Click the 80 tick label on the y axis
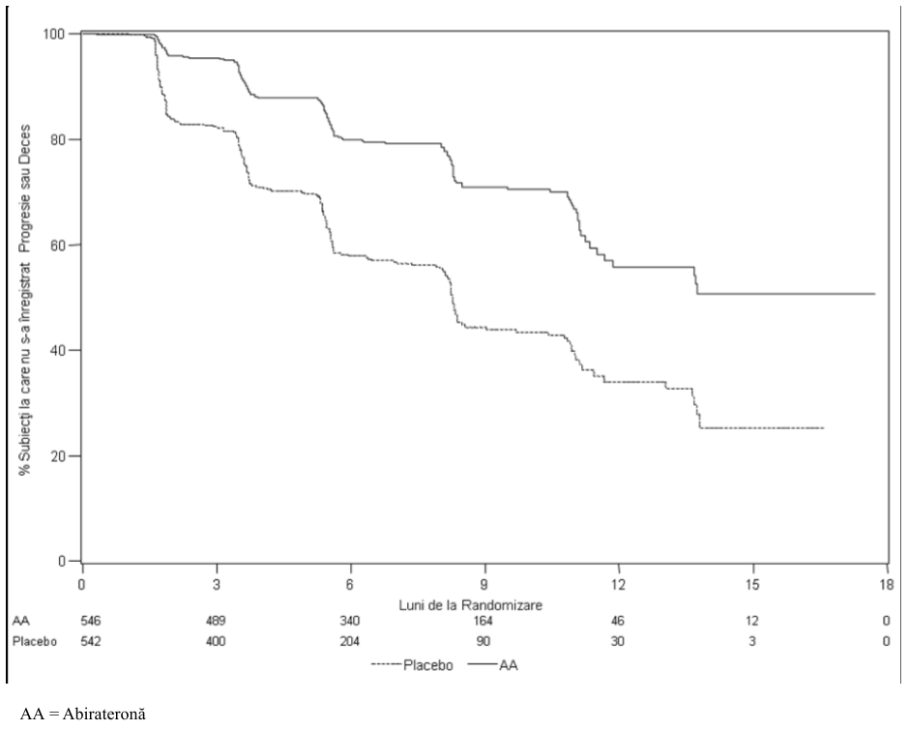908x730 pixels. coord(56,139)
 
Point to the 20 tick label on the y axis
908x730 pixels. coord(56,456)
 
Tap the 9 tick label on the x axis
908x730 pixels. coord(484,585)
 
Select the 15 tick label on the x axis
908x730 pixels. coord(751,585)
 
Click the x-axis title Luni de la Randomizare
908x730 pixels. coord(470,605)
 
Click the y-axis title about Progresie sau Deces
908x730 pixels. coord(24,300)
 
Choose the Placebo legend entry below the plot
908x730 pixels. coord(412,666)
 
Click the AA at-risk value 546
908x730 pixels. coord(90,621)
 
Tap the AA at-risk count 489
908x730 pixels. coord(216,621)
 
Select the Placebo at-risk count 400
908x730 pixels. coord(216,641)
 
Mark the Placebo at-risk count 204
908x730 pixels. coord(349,641)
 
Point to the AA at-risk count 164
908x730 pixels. coord(483,621)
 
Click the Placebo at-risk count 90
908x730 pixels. coord(483,641)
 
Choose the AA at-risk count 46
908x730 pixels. coord(617,621)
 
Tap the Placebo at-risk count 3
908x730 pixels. coord(751,641)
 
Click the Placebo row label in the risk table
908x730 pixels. coord(35,641)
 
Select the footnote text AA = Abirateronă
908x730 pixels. coord(83,714)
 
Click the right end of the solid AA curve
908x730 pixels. coord(874,294)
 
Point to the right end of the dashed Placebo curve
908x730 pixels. coord(823,427)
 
